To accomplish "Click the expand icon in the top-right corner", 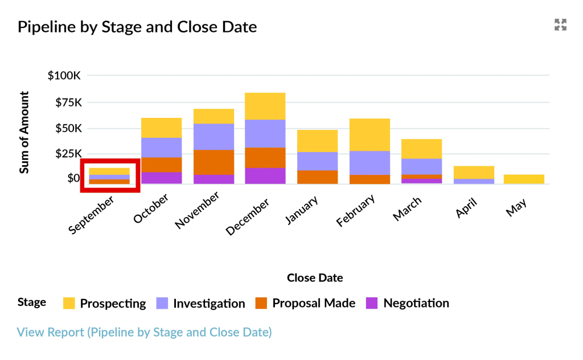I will (x=561, y=24).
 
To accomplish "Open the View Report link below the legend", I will (x=144, y=332).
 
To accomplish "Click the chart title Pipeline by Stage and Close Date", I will (x=137, y=27).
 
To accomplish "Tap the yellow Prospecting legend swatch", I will (x=69, y=304).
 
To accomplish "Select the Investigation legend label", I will (x=209, y=304).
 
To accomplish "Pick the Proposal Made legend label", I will (x=314, y=304).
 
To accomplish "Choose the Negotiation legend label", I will (x=416, y=304).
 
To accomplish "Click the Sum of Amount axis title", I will (x=24, y=132).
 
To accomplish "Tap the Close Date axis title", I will (x=315, y=278).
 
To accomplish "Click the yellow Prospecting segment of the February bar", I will (x=369, y=134).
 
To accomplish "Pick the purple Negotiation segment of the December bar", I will (x=265, y=175).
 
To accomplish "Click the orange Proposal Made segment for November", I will (x=214, y=162).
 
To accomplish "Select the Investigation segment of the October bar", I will (x=161, y=147).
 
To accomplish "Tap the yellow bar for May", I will (x=524, y=179).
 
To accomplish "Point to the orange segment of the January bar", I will (x=317, y=177).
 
